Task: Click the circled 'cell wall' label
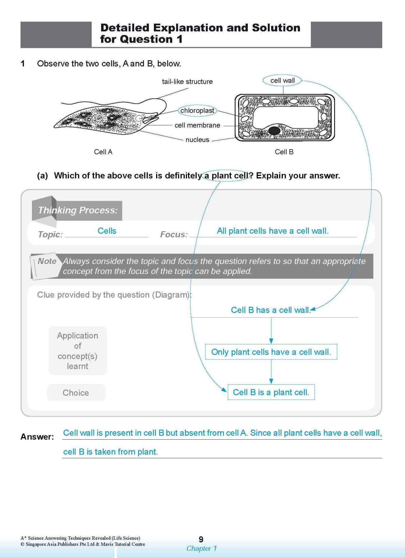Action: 282,80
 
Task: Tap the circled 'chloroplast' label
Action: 197,110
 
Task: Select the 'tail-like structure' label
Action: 187,82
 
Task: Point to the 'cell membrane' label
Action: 197,125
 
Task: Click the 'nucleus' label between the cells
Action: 197,140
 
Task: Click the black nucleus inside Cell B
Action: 274,131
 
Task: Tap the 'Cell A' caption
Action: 103,152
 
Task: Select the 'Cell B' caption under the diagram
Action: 284,152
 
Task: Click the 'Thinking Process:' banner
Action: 78,210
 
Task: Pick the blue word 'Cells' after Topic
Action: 107,231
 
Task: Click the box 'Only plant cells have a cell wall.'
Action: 271,352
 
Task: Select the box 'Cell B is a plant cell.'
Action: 271,392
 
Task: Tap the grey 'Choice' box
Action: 76,393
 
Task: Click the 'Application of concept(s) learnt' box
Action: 78,351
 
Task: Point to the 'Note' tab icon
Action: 46,265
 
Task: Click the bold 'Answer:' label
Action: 37,437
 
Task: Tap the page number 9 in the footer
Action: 201,539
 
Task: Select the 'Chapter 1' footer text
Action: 202,548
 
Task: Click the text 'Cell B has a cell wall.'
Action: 271,310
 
